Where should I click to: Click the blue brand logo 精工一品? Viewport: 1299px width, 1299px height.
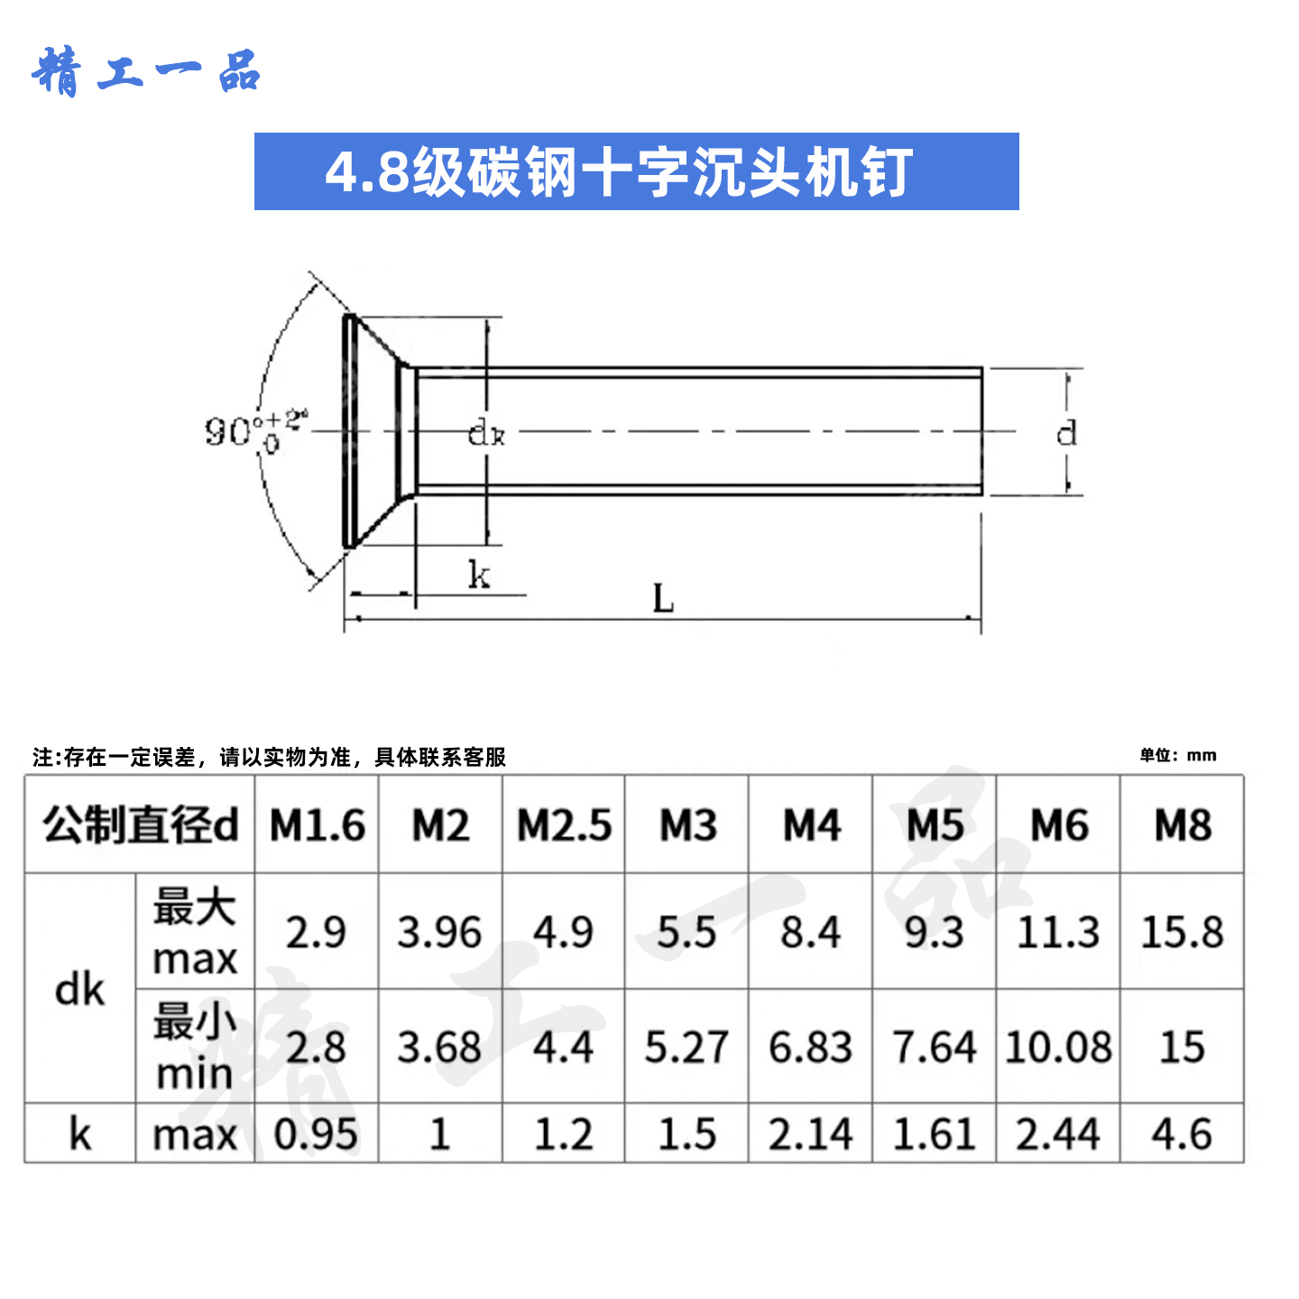[147, 72]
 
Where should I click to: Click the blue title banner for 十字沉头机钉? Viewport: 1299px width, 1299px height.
[636, 171]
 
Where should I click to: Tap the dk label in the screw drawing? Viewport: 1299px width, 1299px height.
[486, 434]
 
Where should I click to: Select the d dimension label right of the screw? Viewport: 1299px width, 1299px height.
[1066, 433]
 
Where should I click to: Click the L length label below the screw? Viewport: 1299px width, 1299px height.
[663, 598]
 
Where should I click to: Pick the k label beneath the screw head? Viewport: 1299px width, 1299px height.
[479, 575]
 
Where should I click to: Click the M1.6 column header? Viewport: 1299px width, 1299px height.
[317, 825]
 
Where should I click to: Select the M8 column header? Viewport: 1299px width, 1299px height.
[1182, 825]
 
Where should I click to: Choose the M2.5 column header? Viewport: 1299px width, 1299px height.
[564, 825]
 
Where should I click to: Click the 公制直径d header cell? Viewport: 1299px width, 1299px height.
[141, 825]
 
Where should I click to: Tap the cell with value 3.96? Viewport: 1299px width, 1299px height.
[439, 932]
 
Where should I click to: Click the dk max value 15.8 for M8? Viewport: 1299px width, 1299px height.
[1182, 932]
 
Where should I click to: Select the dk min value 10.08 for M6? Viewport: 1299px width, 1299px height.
[1058, 1047]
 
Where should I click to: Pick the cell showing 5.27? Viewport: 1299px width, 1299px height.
[686, 1047]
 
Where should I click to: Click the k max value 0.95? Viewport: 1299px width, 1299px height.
[316, 1134]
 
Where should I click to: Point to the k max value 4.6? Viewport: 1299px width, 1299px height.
[1182, 1134]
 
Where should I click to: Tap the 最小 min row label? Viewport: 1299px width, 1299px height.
[195, 1047]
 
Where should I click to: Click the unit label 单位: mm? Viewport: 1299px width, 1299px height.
[1177, 756]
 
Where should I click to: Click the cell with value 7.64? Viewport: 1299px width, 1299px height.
[935, 1047]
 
